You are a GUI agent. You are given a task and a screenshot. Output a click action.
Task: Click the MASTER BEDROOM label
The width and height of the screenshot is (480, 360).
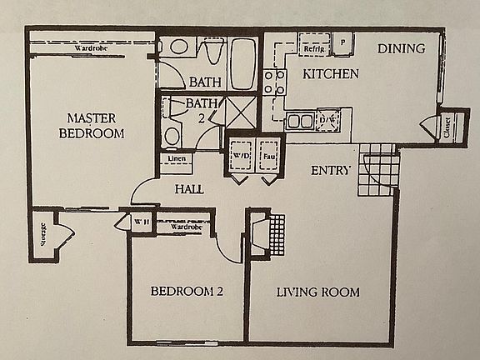(x=91, y=125)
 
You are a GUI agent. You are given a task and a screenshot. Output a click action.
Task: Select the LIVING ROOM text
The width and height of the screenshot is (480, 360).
(x=317, y=292)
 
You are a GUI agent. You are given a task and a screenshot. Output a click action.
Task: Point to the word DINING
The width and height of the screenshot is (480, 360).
(x=401, y=48)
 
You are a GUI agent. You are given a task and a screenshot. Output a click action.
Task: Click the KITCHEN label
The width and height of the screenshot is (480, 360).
(x=330, y=74)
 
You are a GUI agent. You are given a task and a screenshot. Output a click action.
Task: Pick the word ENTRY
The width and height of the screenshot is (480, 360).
(x=330, y=171)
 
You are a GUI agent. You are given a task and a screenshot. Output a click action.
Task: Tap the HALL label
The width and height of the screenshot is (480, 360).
(x=189, y=189)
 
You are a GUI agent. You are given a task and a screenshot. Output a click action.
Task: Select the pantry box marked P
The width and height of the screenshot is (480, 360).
(x=342, y=42)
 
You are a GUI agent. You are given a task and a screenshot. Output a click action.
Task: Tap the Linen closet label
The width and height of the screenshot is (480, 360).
(x=176, y=158)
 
